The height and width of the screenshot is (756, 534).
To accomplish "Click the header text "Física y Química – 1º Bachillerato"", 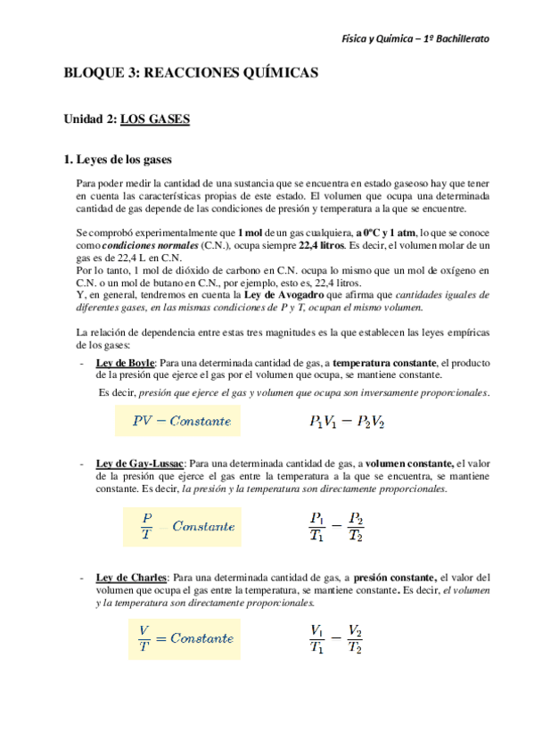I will [415, 39].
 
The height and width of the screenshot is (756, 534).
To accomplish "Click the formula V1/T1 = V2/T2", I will [335, 638].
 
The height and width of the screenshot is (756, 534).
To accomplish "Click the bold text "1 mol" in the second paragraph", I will [251, 232].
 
